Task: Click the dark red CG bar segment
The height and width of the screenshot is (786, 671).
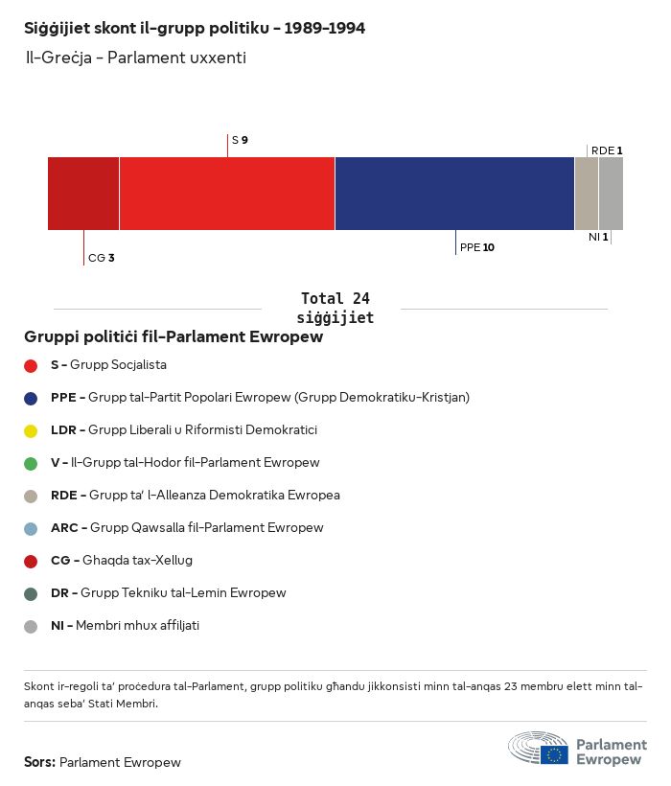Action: (83, 194)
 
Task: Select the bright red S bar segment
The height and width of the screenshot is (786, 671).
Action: (227, 194)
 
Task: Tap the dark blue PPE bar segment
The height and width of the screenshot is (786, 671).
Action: (454, 194)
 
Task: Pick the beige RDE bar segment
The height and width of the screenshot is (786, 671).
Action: (586, 194)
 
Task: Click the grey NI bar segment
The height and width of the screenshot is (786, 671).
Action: (611, 194)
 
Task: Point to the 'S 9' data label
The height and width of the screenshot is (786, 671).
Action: (240, 141)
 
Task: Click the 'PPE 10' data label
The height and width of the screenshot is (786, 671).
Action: (477, 247)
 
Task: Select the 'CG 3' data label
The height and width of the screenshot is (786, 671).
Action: (101, 258)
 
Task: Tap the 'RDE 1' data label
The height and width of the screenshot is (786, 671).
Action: (607, 150)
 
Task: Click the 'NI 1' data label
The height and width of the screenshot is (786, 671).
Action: (598, 237)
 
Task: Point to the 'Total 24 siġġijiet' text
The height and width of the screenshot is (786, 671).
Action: (335, 308)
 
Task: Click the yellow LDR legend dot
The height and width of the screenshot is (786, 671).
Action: (31, 430)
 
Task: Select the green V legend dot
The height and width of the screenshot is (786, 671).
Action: (31, 463)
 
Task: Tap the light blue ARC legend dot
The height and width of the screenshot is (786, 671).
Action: (31, 528)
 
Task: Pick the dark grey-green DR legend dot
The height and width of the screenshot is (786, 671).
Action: (31, 593)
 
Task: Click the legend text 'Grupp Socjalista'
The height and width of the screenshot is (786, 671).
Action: (118, 365)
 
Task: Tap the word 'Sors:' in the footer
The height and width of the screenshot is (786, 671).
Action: (39, 763)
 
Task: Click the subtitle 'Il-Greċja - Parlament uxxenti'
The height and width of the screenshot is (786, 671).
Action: (135, 58)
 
